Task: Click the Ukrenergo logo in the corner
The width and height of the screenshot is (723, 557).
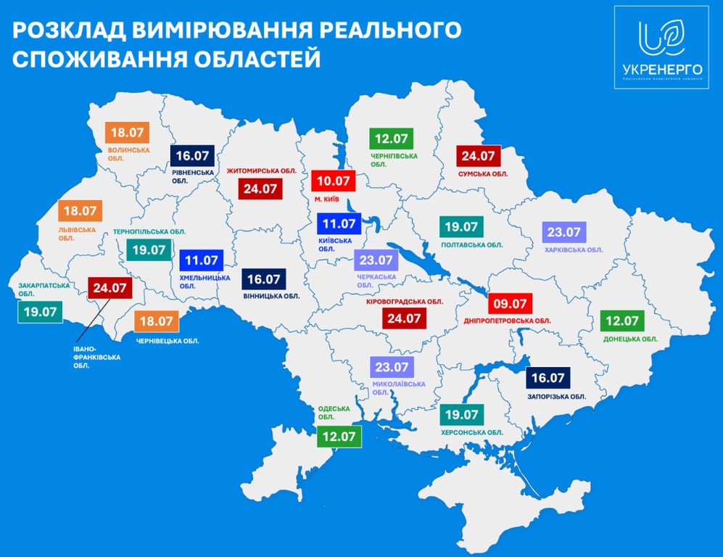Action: click(x=661, y=47)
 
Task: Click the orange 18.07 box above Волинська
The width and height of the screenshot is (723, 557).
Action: click(x=128, y=133)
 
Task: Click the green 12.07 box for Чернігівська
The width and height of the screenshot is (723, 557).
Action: click(x=391, y=138)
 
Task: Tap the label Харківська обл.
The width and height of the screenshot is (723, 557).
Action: click(x=574, y=249)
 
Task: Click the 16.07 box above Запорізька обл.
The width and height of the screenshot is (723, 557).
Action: click(x=548, y=378)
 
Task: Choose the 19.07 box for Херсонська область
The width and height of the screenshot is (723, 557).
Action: click(x=462, y=415)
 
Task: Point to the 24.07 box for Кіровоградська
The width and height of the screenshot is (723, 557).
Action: click(x=404, y=318)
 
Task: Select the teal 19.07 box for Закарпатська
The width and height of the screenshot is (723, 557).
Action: click(x=41, y=312)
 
